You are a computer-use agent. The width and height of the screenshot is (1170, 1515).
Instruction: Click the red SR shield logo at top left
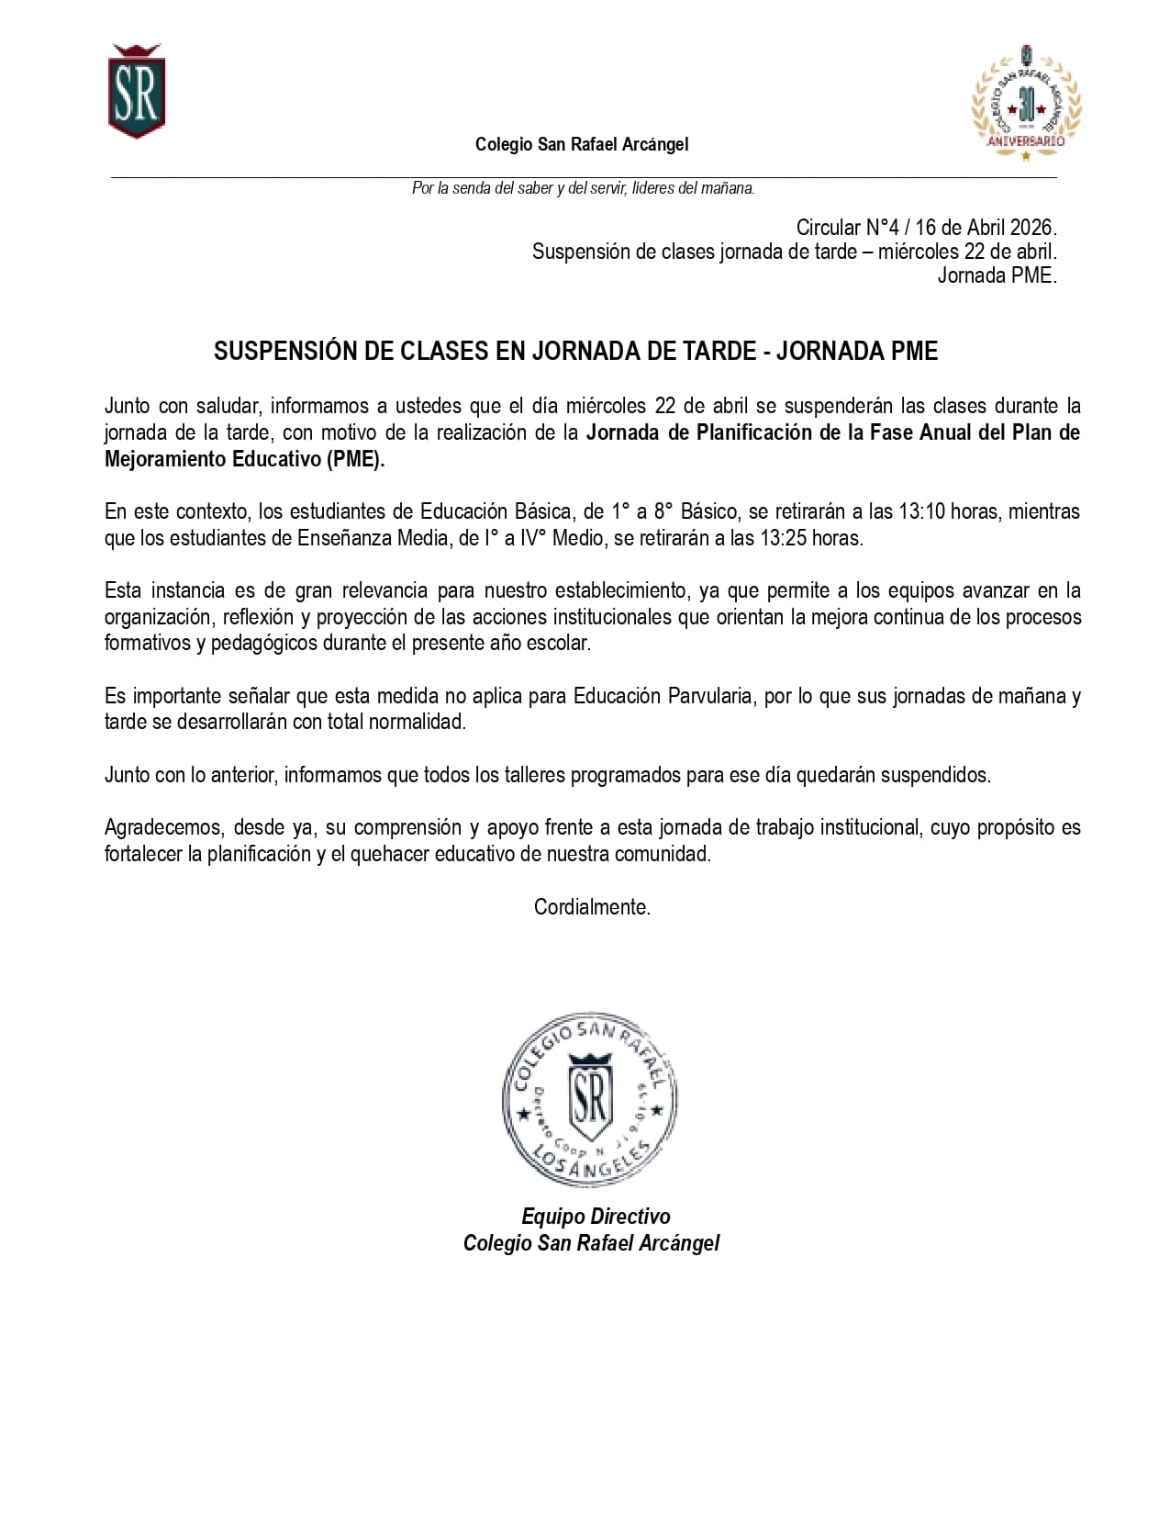click(x=137, y=92)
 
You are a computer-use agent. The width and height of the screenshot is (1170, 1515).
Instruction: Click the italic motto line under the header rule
click(x=583, y=188)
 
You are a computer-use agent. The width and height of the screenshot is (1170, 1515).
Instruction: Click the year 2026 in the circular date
click(x=1032, y=228)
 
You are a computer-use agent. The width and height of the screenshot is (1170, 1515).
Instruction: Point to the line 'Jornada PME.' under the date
click(x=997, y=275)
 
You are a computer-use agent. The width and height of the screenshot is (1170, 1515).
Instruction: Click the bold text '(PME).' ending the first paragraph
click(x=355, y=459)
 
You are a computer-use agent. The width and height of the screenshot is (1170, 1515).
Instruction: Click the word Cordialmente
click(x=592, y=907)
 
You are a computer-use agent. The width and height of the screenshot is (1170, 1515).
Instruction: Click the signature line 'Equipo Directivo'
click(x=596, y=1217)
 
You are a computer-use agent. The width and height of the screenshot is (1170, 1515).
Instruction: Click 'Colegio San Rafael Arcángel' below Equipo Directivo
click(x=591, y=1243)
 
